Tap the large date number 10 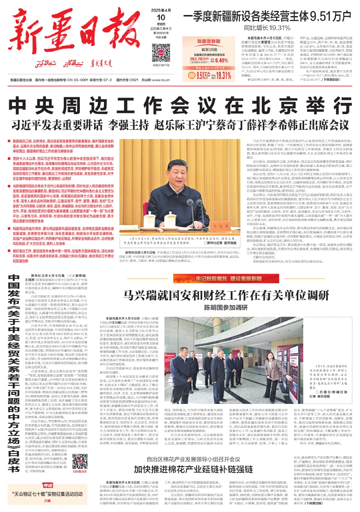point(161,18)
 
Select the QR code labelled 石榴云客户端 point(161,53)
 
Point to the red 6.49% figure point(221,60)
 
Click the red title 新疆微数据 point(208,41)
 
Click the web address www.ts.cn point(161,80)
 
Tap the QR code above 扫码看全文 point(79,461)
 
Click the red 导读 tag point(48,485)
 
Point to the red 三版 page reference point(48,501)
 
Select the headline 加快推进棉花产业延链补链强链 point(193,469)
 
